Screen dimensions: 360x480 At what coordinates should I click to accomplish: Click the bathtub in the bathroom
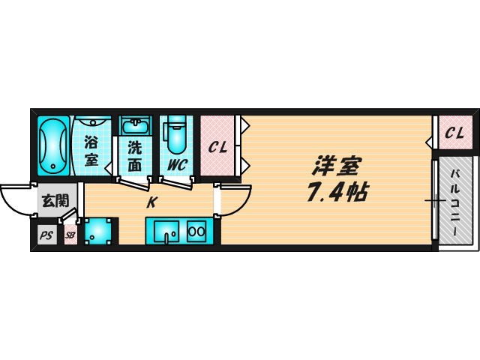pos(53,145)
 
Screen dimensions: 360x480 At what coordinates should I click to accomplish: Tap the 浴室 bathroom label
pos(91,150)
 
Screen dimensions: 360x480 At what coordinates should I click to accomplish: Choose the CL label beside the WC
pos(218,147)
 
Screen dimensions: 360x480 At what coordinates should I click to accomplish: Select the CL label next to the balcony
pos(454,133)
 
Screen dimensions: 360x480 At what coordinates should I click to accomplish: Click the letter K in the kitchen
pos(151,202)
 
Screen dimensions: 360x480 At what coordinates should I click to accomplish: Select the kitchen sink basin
pos(166,231)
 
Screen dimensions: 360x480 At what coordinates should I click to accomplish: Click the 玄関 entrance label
pos(53,200)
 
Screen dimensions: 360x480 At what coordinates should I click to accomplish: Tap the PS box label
pos(46,235)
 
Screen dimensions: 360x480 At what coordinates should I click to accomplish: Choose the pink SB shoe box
pos(69,235)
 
